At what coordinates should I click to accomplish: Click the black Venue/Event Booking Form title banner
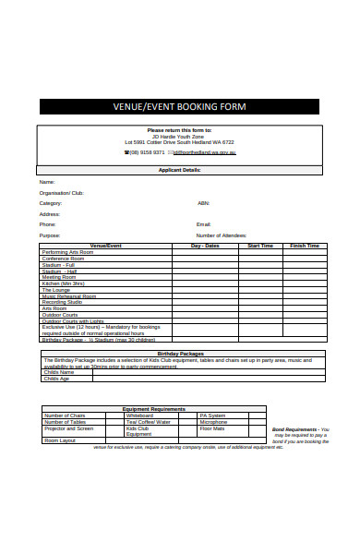pos(192,106)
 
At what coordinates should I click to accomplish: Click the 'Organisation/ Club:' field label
pos(61,193)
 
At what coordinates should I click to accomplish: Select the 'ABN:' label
pos(203,203)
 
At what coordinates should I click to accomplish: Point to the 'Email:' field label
pos(204,224)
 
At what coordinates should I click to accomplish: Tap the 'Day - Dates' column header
pos(205,246)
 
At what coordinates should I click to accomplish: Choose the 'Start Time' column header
pos(261,246)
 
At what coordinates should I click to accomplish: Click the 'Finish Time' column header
pos(305,246)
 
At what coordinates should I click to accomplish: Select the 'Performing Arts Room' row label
pos(67,252)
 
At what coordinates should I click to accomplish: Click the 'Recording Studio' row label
pos(62,302)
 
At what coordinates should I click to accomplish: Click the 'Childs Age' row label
pos(57,379)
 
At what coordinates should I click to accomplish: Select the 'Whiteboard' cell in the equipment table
pos(139,415)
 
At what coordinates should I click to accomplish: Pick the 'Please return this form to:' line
pos(179,130)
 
